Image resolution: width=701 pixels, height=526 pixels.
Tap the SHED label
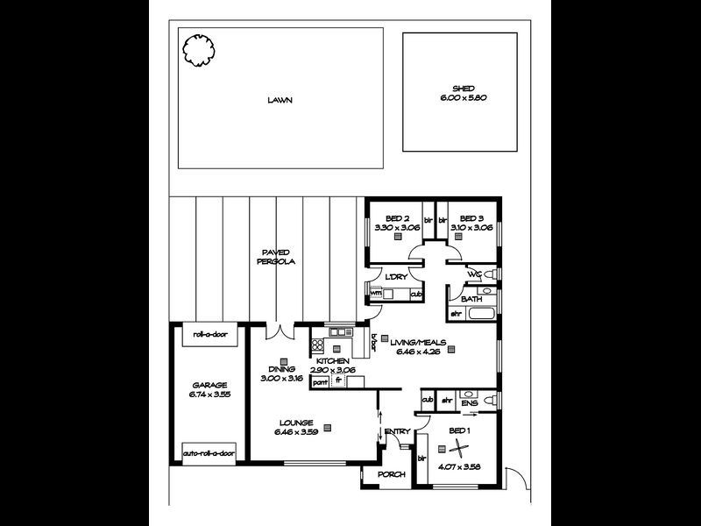(x=464, y=89)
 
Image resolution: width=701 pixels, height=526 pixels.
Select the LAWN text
(x=280, y=100)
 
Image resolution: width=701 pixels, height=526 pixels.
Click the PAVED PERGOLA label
(x=276, y=257)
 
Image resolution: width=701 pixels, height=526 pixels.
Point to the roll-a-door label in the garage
(x=209, y=334)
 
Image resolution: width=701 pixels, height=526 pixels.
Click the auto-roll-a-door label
(x=209, y=453)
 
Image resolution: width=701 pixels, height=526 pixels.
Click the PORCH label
(x=390, y=475)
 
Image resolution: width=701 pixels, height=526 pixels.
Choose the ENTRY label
(x=397, y=430)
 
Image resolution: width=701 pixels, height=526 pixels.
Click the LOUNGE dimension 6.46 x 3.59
(x=294, y=432)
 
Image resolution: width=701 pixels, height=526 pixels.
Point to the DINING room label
(x=282, y=370)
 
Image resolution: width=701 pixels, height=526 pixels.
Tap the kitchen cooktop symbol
(x=317, y=345)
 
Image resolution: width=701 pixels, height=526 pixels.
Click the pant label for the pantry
(x=321, y=381)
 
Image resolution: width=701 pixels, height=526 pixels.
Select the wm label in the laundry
(x=376, y=293)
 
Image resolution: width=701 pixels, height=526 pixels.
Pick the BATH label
(x=472, y=300)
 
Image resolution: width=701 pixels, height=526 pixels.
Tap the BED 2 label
(x=398, y=218)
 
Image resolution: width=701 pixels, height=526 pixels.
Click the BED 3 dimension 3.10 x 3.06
(x=471, y=227)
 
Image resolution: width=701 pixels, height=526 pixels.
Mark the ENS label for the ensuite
(x=470, y=403)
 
